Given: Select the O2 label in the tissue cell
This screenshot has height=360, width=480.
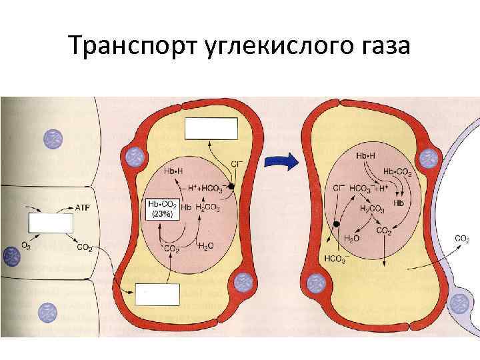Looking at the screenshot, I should click(x=25, y=247).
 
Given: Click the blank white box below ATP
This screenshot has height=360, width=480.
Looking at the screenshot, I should click(x=50, y=223).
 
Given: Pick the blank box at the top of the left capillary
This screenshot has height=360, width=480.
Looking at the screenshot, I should click(x=211, y=128).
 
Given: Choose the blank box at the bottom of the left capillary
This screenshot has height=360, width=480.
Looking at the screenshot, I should click(x=158, y=293).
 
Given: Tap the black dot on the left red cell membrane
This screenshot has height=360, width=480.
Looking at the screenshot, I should click(x=231, y=187).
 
